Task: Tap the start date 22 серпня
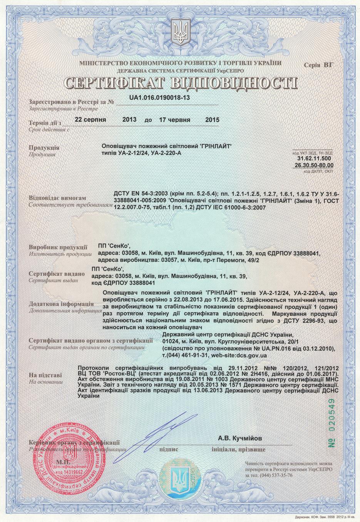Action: (x=90, y=120)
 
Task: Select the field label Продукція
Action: (x=44, y=148)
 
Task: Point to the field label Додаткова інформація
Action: (x=61, y=304)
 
